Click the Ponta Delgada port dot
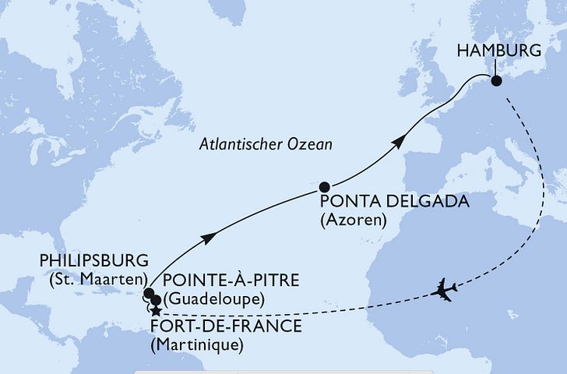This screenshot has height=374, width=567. (325, 187)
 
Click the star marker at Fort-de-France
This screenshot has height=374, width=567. (156, 311)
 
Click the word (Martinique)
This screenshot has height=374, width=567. (199, 344)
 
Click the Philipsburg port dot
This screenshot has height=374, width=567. (148, 294)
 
